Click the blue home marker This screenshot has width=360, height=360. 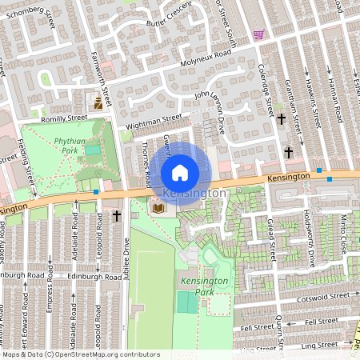tap(180, 172)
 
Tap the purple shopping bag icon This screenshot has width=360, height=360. tap(258, 34)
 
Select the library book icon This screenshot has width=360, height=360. tap(158, 208)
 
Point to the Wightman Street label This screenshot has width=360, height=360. tap(154, 122)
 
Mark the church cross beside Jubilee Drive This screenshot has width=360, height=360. tap(117, 216)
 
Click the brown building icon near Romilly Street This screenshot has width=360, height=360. tap(98, 103)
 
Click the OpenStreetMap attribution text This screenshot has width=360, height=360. tap(80, 354)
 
